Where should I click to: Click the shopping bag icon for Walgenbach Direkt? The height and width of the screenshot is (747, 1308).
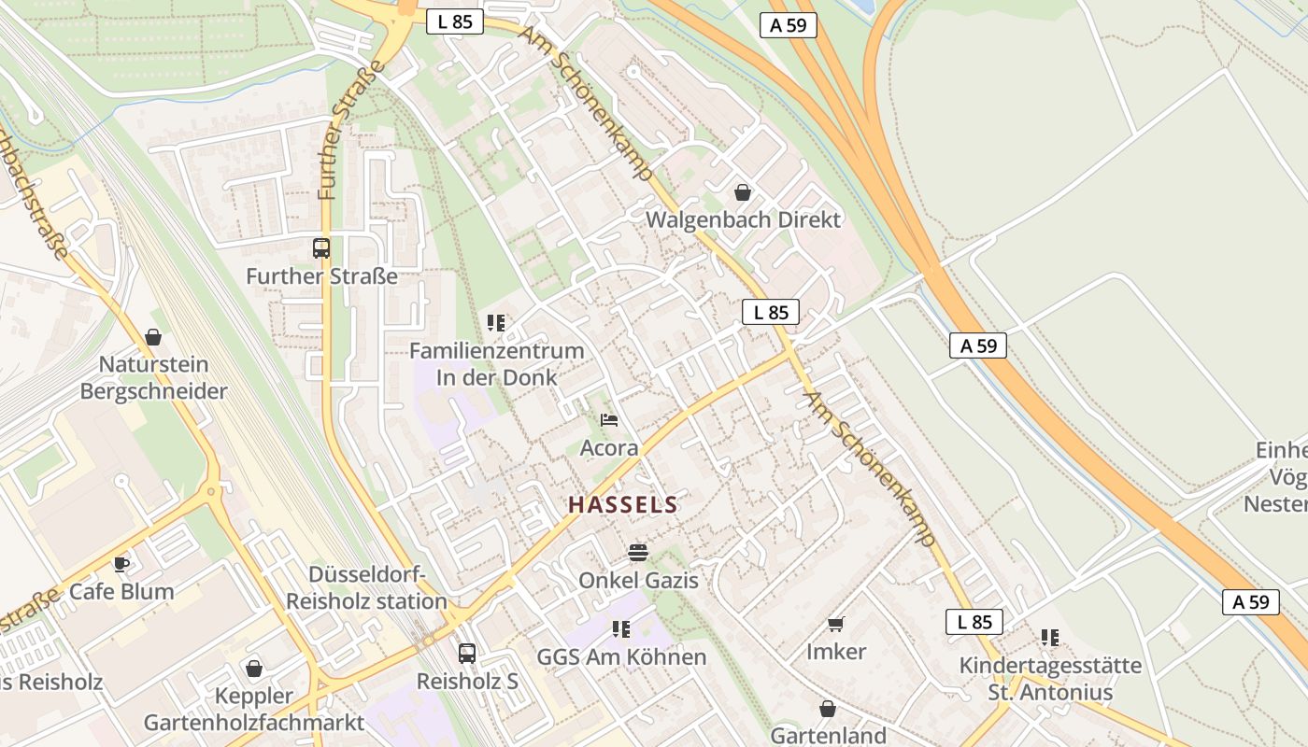743,192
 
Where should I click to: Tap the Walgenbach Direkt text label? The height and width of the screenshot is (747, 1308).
745,220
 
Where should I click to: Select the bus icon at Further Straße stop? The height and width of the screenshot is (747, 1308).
321,248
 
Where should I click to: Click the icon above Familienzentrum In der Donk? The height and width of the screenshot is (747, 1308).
496,323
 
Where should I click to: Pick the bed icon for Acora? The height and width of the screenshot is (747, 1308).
609,420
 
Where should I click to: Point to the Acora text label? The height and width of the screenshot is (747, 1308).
609,448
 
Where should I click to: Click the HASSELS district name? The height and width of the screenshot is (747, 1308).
623,505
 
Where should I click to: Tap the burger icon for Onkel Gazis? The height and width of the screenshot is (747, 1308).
638,553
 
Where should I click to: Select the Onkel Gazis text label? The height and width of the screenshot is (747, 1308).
638,581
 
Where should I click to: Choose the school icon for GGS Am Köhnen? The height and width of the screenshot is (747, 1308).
621,629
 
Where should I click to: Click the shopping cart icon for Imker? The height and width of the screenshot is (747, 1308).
836,624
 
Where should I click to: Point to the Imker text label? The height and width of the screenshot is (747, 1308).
836,652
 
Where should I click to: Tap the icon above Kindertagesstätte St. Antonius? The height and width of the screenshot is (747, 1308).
1050,638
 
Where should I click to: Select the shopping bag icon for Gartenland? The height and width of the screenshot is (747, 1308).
827,709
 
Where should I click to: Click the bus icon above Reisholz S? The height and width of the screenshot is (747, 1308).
467,654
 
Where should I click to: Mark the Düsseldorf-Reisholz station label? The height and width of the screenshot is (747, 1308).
366,588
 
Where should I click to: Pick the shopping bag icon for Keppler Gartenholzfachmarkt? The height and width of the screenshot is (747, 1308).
253,669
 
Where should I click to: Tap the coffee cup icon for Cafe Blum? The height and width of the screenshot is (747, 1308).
121,563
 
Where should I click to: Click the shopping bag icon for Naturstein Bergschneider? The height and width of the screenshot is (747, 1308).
153,337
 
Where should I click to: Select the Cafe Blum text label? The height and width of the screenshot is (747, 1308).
121,592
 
